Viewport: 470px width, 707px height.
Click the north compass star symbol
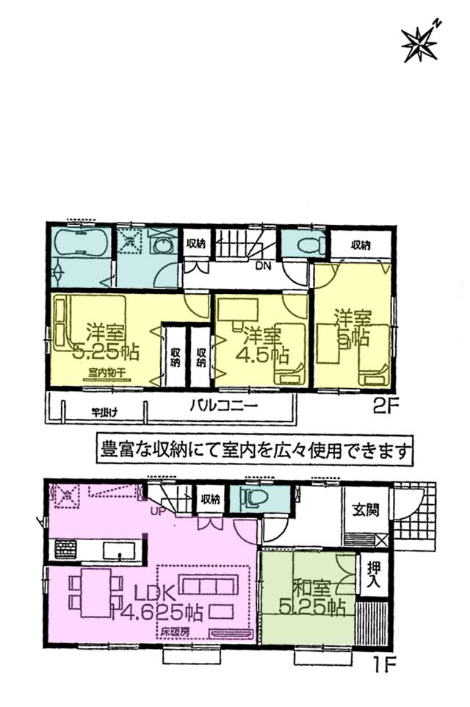pyautogui.click(x=419, y=43)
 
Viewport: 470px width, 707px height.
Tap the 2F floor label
pyautogui.click(x=381, y=406)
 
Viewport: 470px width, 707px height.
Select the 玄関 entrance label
pyautogui.click(x=364, y=510)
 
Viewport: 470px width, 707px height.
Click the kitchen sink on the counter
pyautogui.click(x=117, y=550)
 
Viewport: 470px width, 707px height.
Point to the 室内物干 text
pyautogui.click(x=104, y=371)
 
